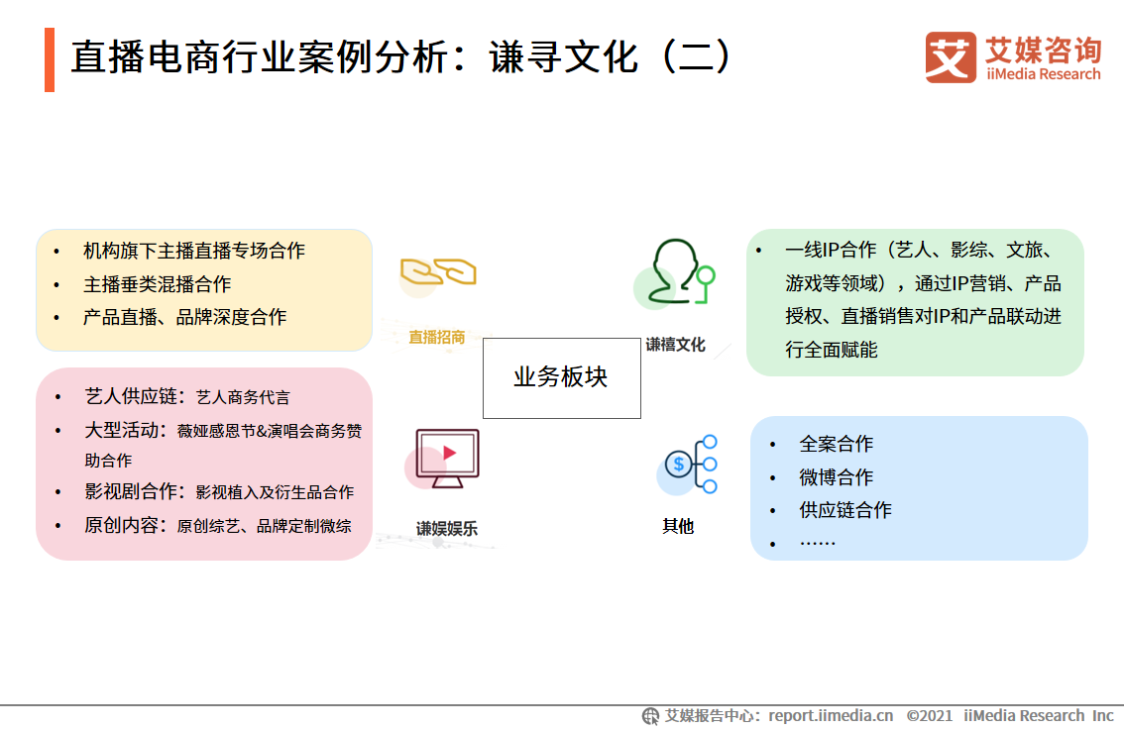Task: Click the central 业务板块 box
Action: click(561, 377)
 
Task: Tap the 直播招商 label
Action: click(437, 337)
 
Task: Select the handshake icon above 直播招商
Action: click(438, 271)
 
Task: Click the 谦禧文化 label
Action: click(675, 345)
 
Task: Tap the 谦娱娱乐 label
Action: click(446, 529)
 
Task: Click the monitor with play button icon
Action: click(446, 458)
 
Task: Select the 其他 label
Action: click(678, 526)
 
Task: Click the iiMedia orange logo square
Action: click(951, 57)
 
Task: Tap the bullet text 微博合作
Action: click(837, 477)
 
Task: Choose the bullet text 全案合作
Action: click(837, 444)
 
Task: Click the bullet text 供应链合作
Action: click(845, 510)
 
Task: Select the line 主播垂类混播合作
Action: click(157, 284)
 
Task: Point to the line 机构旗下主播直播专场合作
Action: click(194, 251)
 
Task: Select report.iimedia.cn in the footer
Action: click(831, 715)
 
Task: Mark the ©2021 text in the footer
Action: click(930, 715)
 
